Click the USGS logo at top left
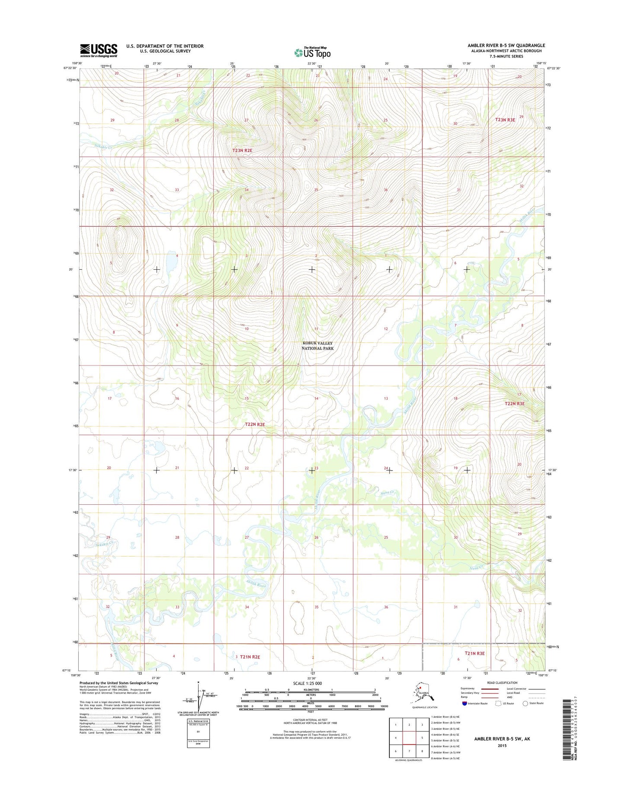[x=99, y=50]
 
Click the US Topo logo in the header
[x=312, y=52]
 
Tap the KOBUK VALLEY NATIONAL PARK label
[x=317, y=345]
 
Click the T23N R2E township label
[x=242, y=150]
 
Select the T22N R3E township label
[x=514, y=403]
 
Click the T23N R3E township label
[x=505, y=120]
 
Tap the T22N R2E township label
[x=255, y=424]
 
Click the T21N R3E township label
[x=474, y=653]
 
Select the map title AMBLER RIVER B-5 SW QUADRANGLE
[x=506, y=45]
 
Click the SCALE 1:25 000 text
[x=307, y=683]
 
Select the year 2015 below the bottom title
[x=502, y=745]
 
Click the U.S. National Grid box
[x=198, y=734]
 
